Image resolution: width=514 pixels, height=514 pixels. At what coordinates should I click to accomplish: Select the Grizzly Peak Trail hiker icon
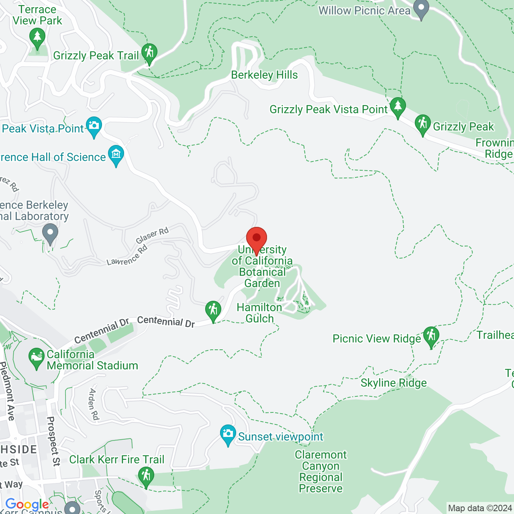(149, 53)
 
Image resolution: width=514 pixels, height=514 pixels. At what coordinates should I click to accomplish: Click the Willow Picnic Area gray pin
(421, 9)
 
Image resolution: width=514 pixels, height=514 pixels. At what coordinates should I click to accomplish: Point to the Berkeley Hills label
(264, 75)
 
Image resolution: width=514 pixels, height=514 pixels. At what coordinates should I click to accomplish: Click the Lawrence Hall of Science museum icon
(116, 155)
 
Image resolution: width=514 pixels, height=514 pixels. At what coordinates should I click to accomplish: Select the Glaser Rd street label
(152, 235)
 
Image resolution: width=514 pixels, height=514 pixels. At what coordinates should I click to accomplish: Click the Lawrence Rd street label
(127, 256)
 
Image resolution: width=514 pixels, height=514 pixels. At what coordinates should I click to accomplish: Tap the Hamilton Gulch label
(259, 313)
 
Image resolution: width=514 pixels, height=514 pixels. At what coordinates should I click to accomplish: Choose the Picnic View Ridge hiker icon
(431, 337)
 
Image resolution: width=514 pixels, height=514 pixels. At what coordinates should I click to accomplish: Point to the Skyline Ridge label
(394, 383)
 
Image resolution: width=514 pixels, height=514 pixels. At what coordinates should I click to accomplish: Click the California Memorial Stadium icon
(37, 358)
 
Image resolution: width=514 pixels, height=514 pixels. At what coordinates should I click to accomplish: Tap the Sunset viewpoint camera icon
(228, 434)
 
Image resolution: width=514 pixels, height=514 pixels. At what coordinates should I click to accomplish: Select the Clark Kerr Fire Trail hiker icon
(146, 477)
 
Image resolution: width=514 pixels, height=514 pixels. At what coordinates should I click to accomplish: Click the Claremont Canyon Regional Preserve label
(321, 471)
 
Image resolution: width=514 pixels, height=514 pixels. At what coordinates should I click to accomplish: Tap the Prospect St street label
(53, 441)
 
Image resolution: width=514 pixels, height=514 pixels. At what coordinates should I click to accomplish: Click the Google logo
(27, 504)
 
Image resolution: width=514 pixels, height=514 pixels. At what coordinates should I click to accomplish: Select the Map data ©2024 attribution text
(480, 508)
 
